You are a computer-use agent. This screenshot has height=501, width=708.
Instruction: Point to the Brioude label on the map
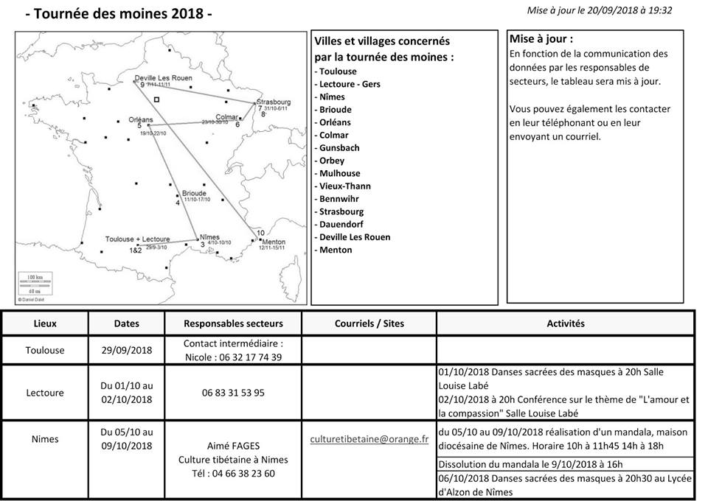click(x=194, y=193)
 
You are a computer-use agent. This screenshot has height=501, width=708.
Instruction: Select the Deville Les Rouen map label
click(x=162, y=79)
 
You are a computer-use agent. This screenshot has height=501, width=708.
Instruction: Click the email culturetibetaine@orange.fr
click(x=369, y=439)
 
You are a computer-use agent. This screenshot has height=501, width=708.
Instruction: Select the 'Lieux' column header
click(x=45, y=323)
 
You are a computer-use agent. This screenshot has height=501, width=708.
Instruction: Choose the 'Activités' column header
click(x=566, y=323)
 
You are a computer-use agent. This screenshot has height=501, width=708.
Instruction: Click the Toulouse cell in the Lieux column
click(x=45, y=351)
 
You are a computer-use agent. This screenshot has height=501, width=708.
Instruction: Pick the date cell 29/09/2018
click(x=127, y=351)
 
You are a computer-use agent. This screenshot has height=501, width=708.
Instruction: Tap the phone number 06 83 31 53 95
click(x=233, y=393)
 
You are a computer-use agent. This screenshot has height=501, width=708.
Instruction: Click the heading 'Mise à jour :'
click(x=541, y=39)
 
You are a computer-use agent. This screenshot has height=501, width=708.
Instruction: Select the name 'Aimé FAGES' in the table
click(x=233, y=446)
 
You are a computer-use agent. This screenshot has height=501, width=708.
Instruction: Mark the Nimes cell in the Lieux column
click(x=45, y=439)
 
